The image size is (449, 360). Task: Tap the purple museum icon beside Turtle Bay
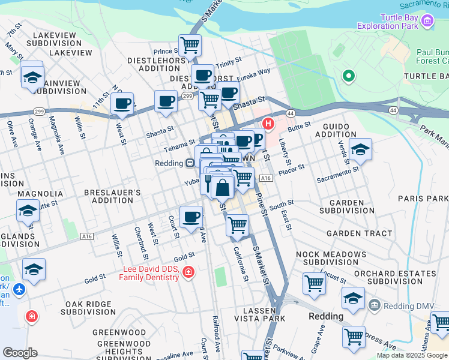tap(427, 22)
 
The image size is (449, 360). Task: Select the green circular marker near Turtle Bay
tap(348, 76)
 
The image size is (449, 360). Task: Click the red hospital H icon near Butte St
tap(268, 125)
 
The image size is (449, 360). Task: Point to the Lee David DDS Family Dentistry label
tap(150, 273)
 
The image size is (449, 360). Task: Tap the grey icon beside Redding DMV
tap(375, 305)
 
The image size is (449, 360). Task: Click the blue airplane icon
tap(19, 289)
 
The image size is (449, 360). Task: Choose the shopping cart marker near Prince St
tap(190, 44)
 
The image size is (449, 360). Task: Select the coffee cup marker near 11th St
tap(122, 103)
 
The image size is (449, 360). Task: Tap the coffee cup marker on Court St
tap(191, 217)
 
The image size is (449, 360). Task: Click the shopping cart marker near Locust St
tap(314, 283)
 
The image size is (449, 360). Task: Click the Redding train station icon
tap(189, 163)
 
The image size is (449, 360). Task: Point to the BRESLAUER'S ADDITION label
tap(112, 197)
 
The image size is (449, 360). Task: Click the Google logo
tap(20, 353)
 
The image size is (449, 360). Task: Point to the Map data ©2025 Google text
tap(412, 355)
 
